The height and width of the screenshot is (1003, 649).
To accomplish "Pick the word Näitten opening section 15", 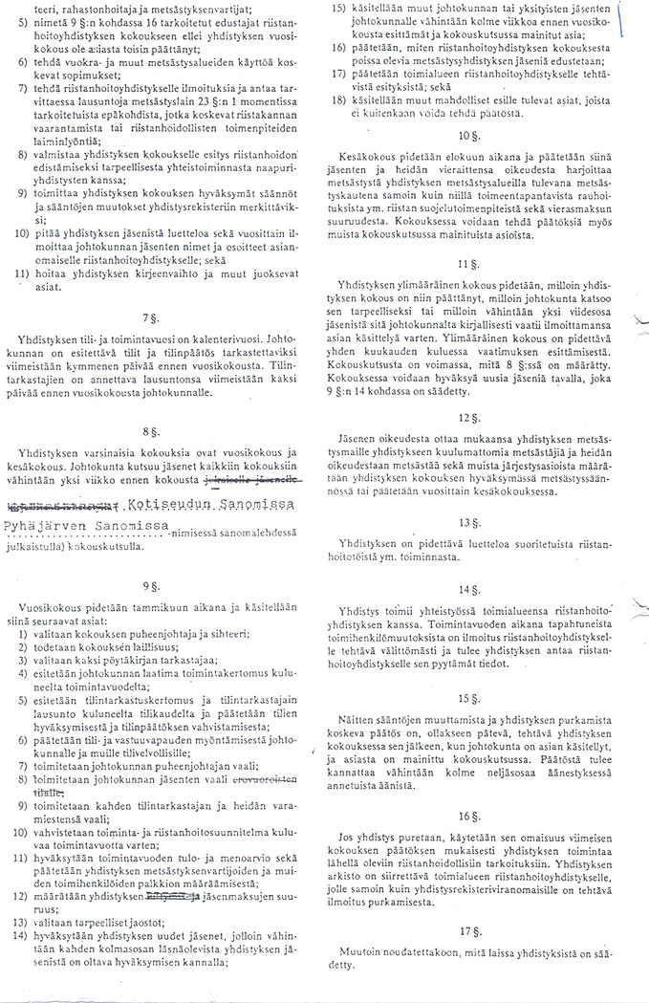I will point(358,717).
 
